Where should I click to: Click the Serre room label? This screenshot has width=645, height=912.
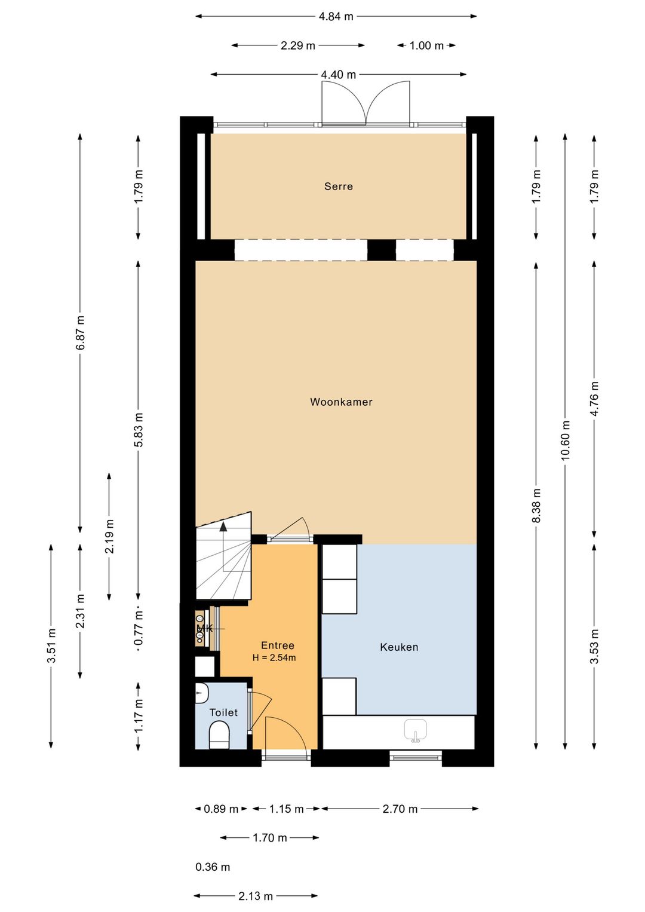tap(339, 186)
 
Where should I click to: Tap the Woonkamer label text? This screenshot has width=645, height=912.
tap(341, 402)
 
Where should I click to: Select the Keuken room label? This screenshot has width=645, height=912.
tap(399, 647)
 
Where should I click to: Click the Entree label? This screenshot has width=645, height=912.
tap(278, 645)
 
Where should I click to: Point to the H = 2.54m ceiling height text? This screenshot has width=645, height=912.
tap(274, 658)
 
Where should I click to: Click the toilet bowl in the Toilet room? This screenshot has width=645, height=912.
tap(219, 735)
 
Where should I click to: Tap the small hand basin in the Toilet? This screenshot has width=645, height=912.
tap(201, 693)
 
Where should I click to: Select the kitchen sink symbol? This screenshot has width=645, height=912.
tap(416, 730)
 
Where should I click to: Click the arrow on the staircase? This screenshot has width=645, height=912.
tap(223, 527)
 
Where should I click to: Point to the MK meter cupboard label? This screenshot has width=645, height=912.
tap(205, 628)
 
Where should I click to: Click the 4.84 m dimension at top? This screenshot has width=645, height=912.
tap(336, 17)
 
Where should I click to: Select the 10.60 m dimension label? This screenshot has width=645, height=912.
tap(566, 440)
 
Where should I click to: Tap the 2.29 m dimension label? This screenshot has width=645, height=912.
tap(297, 45)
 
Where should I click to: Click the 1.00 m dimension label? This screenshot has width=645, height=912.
tap(426, 45)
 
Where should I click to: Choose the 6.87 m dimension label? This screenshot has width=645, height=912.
tap(81, 333)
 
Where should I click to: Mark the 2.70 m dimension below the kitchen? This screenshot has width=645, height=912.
tap(400, 809)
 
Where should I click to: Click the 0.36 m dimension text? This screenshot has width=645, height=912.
tap(213, 867)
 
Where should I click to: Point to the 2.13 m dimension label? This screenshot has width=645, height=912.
tap(256, 896)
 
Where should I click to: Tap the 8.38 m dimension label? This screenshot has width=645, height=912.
tap(536, 506)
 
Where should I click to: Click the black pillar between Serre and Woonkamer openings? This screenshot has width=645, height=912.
tap(381, 250)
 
